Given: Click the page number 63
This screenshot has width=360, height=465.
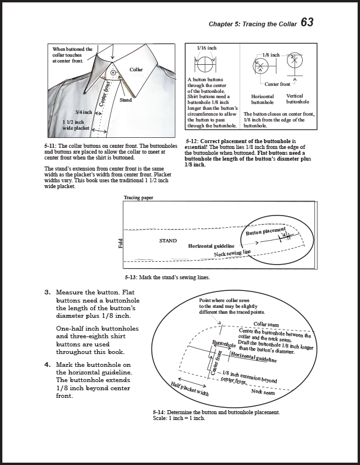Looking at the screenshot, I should pyautogui.click(x=307, y=23).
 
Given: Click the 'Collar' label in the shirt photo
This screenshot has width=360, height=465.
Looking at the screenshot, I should pyautogui.click(x=136, y=70).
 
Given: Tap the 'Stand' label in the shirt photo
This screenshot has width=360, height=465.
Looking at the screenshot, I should pyautogui.click(x=126, y=100).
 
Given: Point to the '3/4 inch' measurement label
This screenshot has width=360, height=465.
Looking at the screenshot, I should pyautogui.click(x=84, y=112).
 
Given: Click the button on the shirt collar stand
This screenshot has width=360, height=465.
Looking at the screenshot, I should pyautogui.click(x=112, y=73).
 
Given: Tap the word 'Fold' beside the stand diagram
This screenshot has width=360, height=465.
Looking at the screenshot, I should pyautogui.click(x=121, y=244).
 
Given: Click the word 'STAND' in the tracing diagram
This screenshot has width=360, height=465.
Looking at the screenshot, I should pyautogui.click(x=168, y=241).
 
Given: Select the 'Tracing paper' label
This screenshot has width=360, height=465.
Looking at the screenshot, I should pyautogui.click(x=138, y=198).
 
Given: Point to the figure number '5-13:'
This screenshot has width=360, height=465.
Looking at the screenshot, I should pyautogui.click(x=131, y=277).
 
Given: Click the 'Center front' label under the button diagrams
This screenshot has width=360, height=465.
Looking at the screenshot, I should pyautogui.click(x=277, y=84).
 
